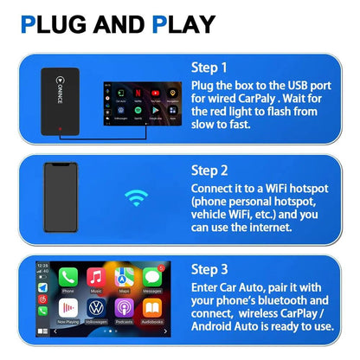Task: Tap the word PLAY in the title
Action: (184, 24)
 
